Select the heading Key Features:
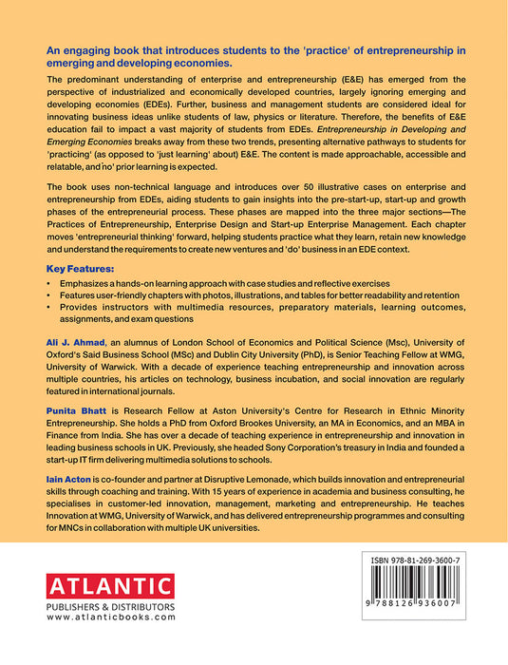tap(83, 269)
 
